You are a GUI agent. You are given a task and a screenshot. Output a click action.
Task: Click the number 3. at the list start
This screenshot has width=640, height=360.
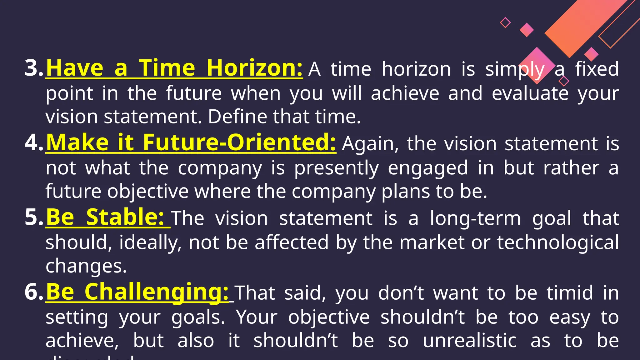pyautogui.click(x=34, y=68)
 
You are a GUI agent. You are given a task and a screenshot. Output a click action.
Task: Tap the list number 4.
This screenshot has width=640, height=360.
pyautogui.click(x=34, y=142)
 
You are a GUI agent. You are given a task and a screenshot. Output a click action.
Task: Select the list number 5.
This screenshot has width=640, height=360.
pyautogui.click(x=34, y=217)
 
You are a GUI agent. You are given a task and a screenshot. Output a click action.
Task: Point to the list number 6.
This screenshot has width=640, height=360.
pyautogui.click(x=34, y=292)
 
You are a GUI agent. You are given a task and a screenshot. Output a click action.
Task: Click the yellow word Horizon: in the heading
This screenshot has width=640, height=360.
pyautogui.click(x=254, y=68)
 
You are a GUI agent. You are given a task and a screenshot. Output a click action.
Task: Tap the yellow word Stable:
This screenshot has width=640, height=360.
pyautogui.click(x=125, y=217)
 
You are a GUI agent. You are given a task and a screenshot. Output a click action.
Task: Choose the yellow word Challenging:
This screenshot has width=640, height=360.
pyautogui.click(x=157, y=292)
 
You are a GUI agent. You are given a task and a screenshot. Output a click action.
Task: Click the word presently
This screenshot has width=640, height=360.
pyautogui.click(x=336, y=168)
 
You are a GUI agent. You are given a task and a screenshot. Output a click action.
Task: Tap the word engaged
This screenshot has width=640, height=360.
pyautogui.click(x=427, y=168)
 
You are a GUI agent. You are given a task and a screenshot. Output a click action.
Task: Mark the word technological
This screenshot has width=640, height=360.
pyautogui.click(x=558, y=242)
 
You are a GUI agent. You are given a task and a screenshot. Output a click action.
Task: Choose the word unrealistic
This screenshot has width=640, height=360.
pyautogui.click(x=469, y=341)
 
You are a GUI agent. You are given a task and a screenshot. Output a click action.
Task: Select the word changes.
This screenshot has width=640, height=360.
pyautogui.click(x=86, y=266)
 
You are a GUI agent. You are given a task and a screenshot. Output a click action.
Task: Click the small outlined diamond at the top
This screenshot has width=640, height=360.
pyautogui.click(x=505, y=22)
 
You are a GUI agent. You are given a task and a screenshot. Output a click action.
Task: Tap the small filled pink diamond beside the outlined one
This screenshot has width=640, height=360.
pyautogui.click(x=527, y=30)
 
